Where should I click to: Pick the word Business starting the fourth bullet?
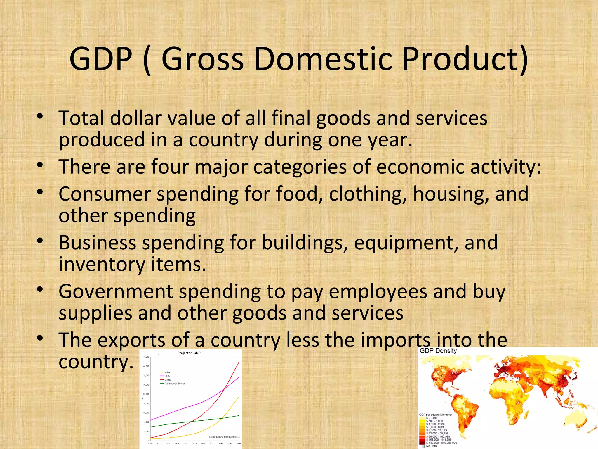tap(98, 243)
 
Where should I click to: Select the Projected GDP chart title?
tap(189, 353)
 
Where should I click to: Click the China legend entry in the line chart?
tap(168, 380)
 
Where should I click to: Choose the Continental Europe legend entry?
tap(175, 384)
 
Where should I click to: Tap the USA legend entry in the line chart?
tap(167, 376)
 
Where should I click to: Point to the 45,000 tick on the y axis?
tap(146, 357)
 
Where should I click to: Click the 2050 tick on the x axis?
tap(239, 443)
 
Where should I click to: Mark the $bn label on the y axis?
tap(142, 399)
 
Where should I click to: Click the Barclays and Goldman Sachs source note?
tap(225, 437)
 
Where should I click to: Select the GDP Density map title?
tap(438, 351)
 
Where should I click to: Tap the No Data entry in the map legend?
tap(431, 446)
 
